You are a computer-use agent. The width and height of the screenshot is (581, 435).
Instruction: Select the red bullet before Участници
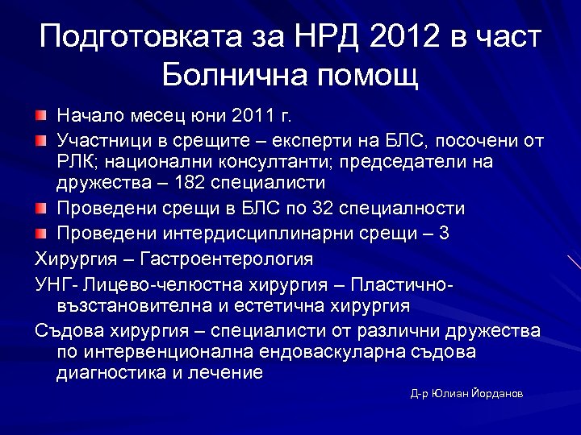coord(41,141)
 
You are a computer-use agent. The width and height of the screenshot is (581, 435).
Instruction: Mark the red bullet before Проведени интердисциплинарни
coord(41,234)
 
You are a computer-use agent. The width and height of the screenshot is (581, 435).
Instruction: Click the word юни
coord(209,117)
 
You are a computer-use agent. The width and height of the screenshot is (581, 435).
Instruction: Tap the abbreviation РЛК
coord(74,163)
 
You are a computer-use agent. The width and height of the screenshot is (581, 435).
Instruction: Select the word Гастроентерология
coord(227,259)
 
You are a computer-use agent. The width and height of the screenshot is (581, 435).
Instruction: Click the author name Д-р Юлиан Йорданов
coord(466,394)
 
